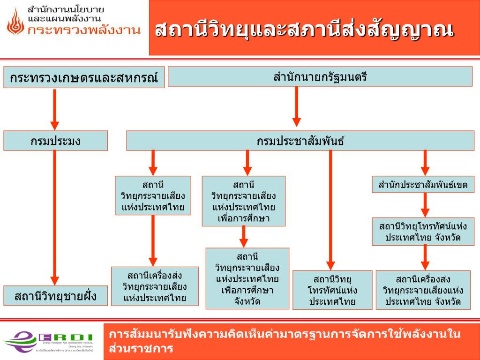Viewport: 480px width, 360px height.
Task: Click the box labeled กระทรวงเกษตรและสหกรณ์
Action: coord(84,77)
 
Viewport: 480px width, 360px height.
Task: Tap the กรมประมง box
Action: coord(55,141)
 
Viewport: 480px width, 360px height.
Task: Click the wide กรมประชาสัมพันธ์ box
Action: coord(300,141)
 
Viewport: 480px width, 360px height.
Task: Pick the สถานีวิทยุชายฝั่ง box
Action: coord(55,296)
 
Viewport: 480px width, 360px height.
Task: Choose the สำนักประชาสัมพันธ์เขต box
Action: coord(423,185)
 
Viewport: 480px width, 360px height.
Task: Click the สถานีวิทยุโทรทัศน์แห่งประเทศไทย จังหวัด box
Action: coord(423,232)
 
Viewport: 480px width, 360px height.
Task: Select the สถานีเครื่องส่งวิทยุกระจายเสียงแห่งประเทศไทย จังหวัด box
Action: coord(423,290)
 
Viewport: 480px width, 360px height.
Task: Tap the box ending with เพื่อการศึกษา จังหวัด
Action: coord(247,278)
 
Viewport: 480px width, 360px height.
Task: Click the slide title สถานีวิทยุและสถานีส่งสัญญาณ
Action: coord(305,29)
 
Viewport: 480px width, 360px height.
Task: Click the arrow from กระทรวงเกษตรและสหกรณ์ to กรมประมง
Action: coord(55,109)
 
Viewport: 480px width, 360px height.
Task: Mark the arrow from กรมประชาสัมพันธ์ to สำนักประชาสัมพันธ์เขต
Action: coord(425,162)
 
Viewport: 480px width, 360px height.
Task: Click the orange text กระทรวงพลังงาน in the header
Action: coord(84,31)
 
